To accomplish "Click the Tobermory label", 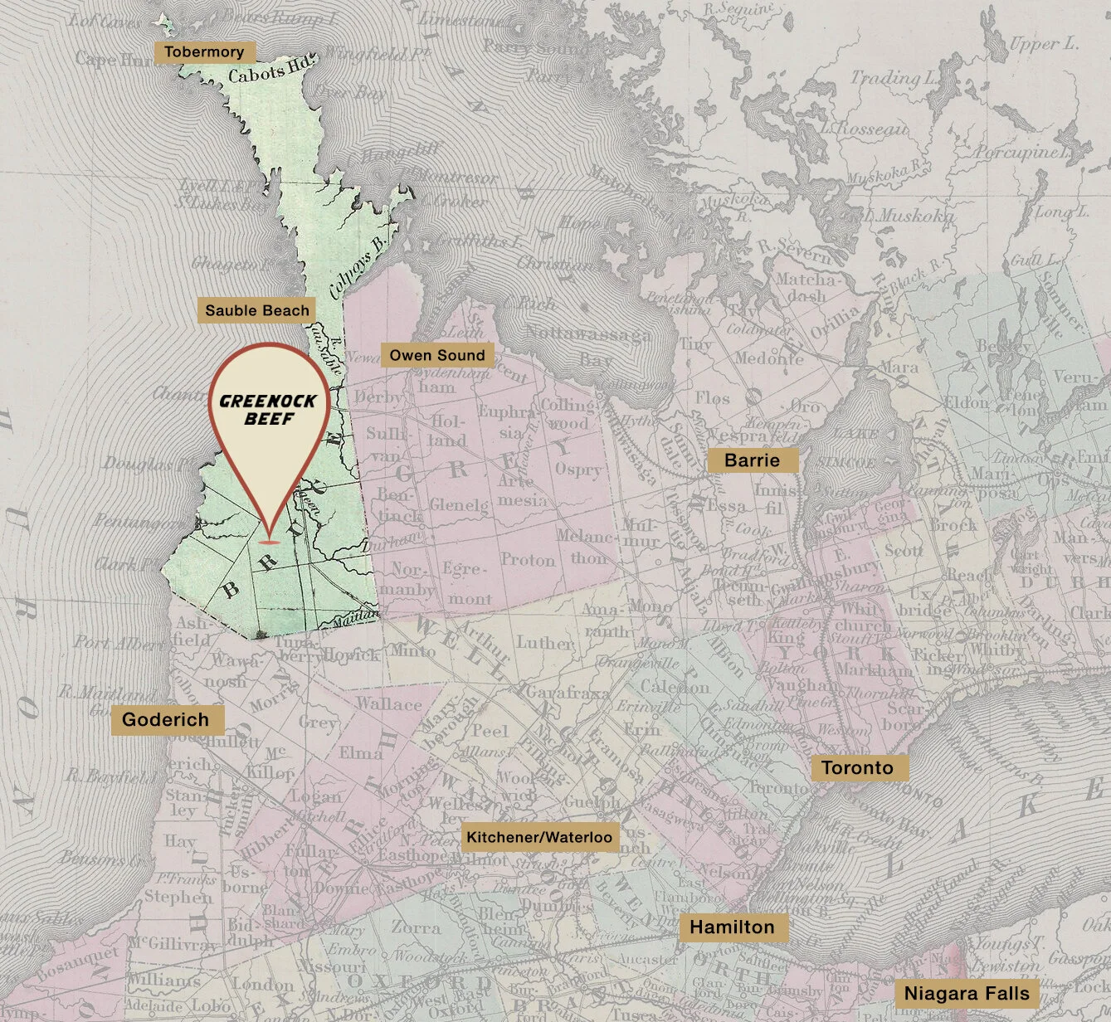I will [204, 52].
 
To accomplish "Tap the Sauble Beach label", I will [257, 311].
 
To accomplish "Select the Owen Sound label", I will [437, 356].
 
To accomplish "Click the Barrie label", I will [752, 460].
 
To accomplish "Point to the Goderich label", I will [166, 719].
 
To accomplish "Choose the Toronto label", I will [857, 768].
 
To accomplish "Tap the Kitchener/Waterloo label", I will [539, 838].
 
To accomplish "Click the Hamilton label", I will [732, 927].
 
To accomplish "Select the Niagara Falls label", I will [967, 994].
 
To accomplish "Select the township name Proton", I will [527, 561].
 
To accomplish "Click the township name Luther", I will [544, 643].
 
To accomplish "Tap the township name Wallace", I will [389, 704].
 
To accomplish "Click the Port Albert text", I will [116, 643].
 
